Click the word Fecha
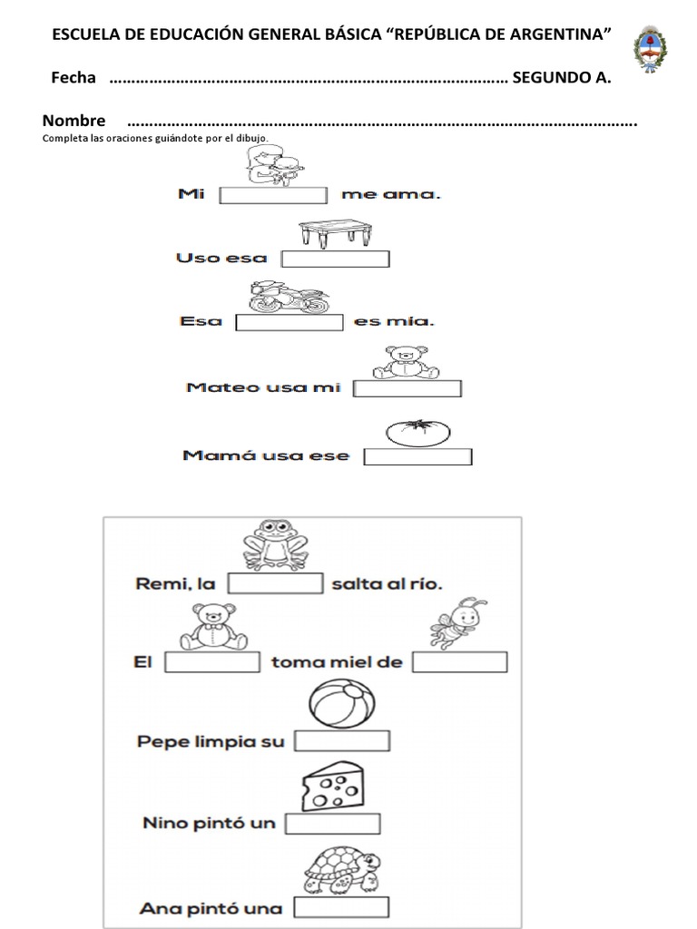[74, 78]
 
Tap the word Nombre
[74, 121]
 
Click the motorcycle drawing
[289, 297]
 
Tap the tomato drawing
[418, 433]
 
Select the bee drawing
[458, 623]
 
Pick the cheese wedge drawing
[331, 786]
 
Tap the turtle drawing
[340, 869]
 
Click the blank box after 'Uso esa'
[335, 259]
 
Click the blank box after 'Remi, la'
[275, 583]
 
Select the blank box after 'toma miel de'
[459, 662]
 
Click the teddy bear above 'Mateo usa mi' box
[406, 362]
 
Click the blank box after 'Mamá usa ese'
[417, 456]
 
